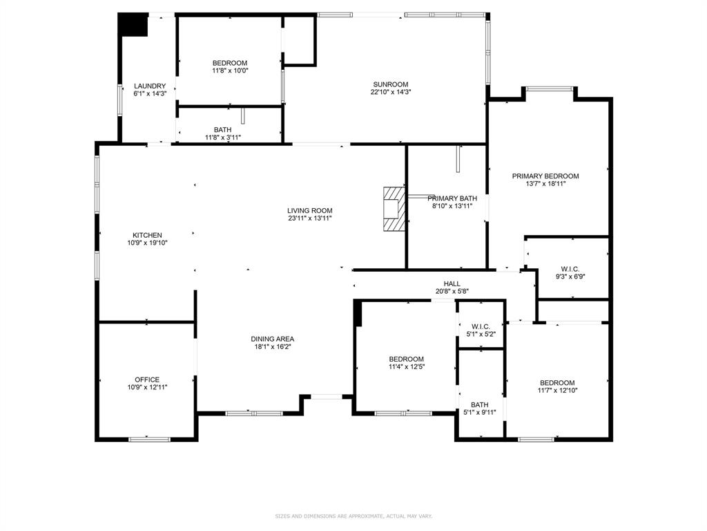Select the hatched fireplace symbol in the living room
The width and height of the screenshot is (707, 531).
394,208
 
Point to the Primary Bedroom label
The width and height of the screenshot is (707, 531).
545,176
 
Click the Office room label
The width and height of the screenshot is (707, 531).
147,380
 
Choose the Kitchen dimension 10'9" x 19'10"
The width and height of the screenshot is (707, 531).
147,243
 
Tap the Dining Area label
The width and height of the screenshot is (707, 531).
272,339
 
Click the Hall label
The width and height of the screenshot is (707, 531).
452,283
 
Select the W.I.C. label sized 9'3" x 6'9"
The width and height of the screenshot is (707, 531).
570,269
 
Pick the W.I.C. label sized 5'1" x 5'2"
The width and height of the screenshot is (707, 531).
480,326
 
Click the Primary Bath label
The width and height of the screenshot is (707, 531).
452,198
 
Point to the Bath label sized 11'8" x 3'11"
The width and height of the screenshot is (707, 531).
222,129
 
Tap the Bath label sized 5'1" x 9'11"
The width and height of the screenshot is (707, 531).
479,405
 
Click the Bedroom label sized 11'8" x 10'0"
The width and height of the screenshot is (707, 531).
229,63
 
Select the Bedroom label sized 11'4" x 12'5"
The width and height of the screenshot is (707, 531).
406,359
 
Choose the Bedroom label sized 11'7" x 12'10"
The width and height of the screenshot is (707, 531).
556,383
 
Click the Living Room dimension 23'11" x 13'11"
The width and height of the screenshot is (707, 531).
310,218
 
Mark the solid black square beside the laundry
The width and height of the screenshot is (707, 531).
133,25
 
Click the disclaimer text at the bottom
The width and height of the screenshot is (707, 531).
353,516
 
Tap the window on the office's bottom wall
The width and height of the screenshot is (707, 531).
149,438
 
